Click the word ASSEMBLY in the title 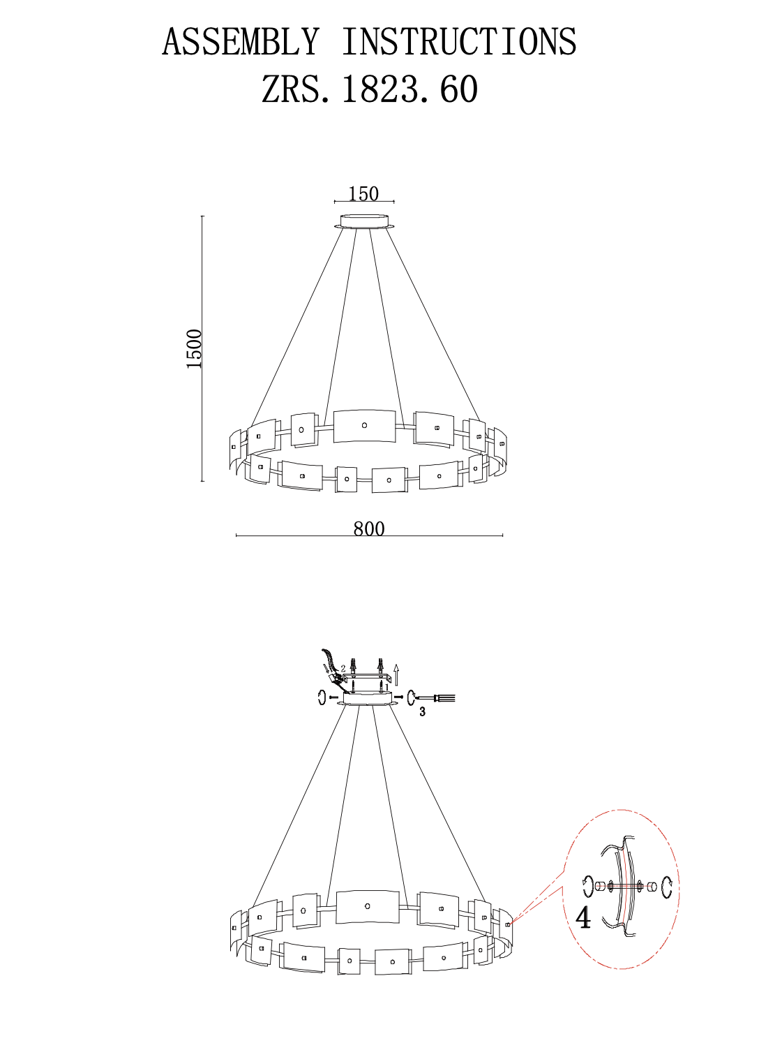241,42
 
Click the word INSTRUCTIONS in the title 460,42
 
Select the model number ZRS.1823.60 370,89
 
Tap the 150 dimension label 363,193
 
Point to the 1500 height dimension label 194,348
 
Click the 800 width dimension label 369,529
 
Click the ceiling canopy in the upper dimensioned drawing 364,222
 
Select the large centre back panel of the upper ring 364,426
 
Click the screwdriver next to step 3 435,697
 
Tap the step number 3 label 422,711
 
